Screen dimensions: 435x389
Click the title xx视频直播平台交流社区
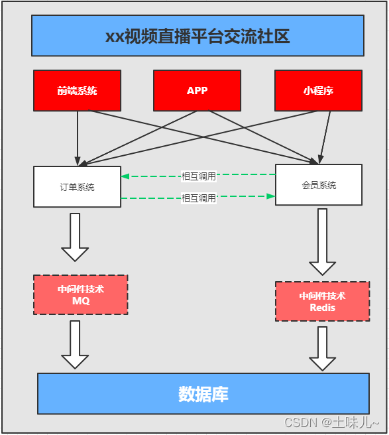(197, 36)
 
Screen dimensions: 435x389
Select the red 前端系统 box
(77, 90)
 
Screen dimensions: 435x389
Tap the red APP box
(197, 90)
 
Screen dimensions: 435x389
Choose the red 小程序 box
(318, 90)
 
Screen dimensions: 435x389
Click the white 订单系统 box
(77, 187)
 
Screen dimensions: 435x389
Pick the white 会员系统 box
(318, 185)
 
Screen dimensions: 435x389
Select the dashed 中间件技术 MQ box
(80, 295)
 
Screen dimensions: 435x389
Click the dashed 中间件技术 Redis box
(322, 302)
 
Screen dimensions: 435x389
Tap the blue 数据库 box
(203, 394)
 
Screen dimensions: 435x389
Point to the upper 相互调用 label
(199, 176)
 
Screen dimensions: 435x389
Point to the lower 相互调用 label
(199, 198)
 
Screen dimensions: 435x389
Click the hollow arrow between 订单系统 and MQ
(75, 237)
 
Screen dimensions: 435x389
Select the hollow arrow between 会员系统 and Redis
(323, 242)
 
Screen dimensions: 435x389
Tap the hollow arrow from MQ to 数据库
(75, 345)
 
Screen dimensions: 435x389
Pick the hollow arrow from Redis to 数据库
(323, 349)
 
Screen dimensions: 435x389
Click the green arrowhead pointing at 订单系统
(125, 176)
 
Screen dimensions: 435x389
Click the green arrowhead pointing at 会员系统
(270, 196)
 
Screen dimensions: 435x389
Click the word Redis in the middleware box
(322, 308)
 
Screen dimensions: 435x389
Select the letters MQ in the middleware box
(80, 301)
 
